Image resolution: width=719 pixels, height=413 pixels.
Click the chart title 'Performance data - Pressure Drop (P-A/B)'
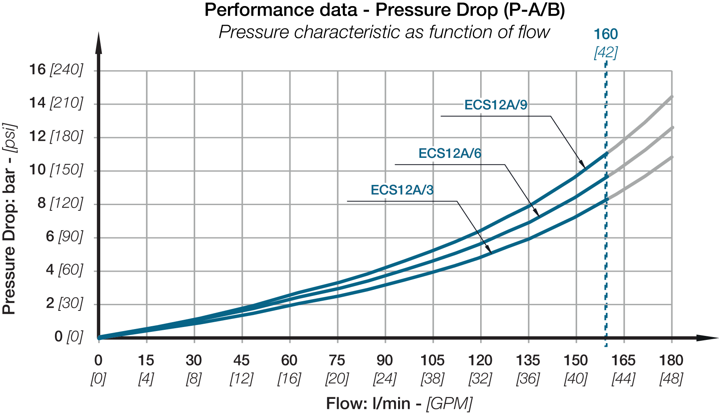384,10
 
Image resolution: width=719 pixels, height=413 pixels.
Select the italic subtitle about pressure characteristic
384,32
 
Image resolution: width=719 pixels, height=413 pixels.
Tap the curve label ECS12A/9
495,105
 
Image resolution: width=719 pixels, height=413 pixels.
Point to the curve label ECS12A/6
450,153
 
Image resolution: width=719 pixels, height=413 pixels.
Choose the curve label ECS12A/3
402,190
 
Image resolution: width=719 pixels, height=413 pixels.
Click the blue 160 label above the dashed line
605,34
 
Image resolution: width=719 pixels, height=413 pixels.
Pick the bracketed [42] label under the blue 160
605,52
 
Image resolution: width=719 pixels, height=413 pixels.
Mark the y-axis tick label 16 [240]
56,70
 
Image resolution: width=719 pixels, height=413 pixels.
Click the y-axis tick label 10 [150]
56,170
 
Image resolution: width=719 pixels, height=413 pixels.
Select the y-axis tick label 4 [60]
64,270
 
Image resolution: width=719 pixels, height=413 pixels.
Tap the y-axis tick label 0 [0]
68,336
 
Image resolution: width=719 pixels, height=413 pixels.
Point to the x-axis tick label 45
242,360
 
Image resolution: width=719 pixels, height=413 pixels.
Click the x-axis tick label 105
432,360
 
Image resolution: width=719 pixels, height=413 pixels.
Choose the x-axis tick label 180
671,360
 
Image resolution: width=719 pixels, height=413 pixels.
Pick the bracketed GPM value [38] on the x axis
432,379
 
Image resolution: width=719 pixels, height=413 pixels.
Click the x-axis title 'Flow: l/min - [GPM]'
399,403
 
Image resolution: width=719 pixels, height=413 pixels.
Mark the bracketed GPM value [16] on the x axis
289,379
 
